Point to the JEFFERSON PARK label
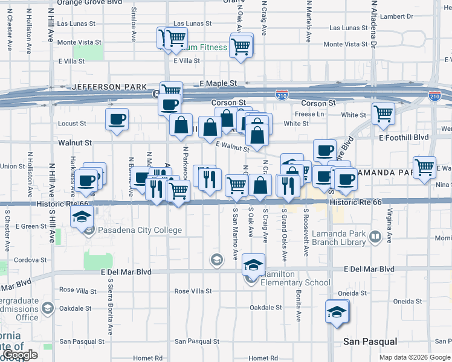[109, 87]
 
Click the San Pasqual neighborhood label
[370, 341]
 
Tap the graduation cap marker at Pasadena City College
[80, 217]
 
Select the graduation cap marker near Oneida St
[336, 312]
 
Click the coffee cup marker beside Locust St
[117, 119]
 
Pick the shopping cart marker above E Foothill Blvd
[383, 113]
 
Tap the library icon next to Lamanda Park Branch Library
[375, 237]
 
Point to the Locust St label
[72, 124]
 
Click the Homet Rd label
[150, 358]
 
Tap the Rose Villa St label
[193, 291]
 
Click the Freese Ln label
[309, 114]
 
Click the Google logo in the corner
[21, 355]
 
